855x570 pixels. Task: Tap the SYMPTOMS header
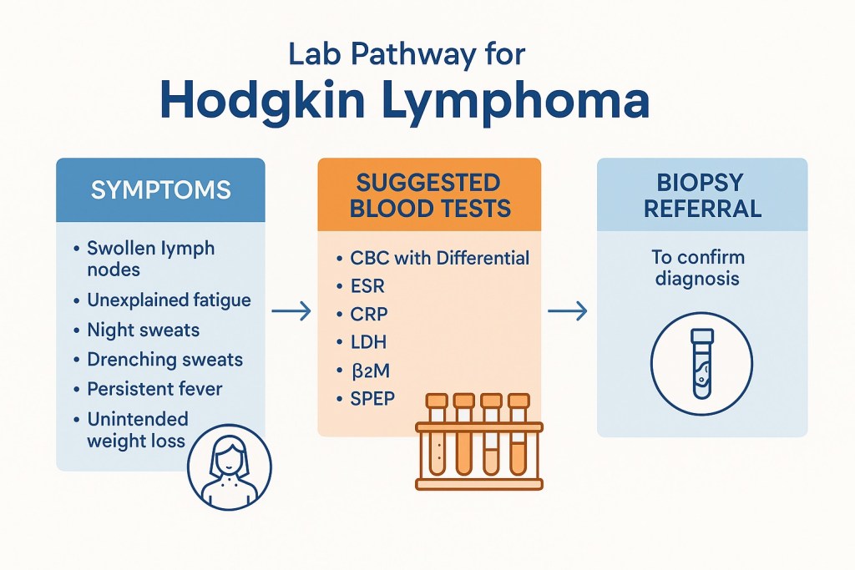(x=160, y=189)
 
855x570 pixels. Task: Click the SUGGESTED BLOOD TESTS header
(x=429, y=195)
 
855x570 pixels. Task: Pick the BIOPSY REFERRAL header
(x=701, y=195)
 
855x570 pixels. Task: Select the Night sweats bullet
(x=143, y=330)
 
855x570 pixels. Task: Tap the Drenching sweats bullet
(x=164, y=360)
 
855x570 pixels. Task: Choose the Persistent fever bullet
(x=154, y=389)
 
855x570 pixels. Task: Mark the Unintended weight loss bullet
(x=138, y=429)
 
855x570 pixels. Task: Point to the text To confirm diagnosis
(x=698, y=268)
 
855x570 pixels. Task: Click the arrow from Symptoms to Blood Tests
(x=291, y=312)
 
